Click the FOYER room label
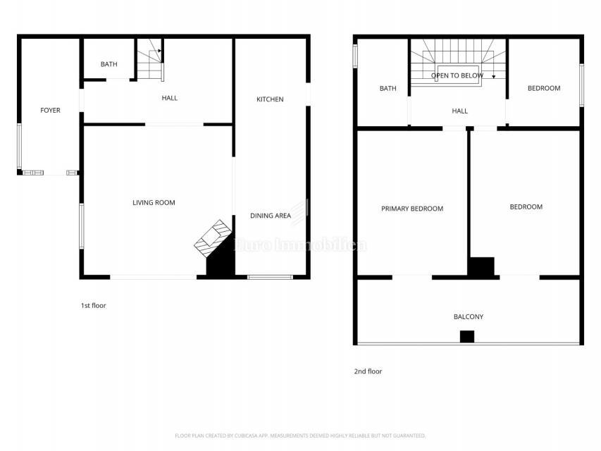point(50,111)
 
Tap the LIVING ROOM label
point(154,203)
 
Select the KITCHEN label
point(270,99)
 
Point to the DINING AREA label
point(271,216)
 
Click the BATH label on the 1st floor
point(109,65)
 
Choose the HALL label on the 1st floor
point(170,98)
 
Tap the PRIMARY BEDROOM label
point(412,209)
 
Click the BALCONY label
point(469,317)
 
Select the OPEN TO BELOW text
point(457,75)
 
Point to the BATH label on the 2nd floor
point(388,89)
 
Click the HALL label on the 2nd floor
point(459,111)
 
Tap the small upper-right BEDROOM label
point(544,88)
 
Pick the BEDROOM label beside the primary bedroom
point(526,207)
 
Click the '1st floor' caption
point(93,306)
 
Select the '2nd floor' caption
point(368,371)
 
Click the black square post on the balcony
point(467,337)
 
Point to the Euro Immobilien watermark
point(300,245)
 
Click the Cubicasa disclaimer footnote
point(300,435)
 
